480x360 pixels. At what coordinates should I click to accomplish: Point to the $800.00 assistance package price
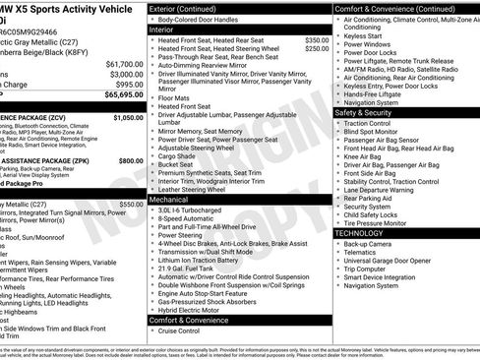130,160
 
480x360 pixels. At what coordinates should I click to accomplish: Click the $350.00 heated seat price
318,40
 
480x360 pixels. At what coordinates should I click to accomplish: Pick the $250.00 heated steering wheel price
318,48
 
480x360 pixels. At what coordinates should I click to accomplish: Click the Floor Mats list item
174,98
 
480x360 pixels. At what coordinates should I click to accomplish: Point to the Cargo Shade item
177,155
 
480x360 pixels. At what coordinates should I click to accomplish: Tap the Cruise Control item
179,330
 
